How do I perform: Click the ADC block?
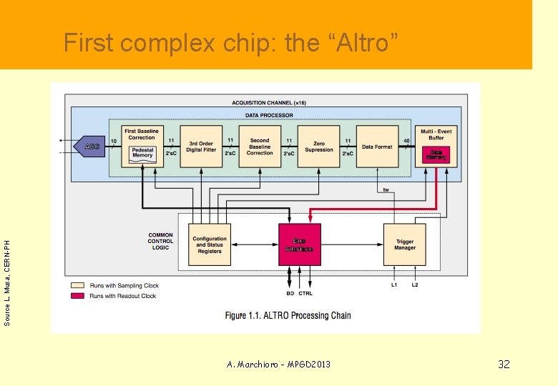pos(90,147)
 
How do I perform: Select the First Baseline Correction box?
pos(142,134)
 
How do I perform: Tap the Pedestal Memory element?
pos(142,154)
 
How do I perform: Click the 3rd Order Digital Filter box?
pos(201,147)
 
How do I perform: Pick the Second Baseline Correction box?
pos(260,147)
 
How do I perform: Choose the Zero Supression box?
pos(318,147)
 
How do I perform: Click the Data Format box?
pos(377,147)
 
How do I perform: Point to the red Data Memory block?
pos(436,154)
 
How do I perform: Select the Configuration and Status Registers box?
pos(210,244)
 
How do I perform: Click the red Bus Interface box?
pos(299,244)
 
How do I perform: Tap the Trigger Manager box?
pos(404,244)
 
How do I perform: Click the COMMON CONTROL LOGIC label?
pos(160,241)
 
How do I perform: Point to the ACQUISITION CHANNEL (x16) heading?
pos(268,103)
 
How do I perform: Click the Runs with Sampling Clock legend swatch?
pos(77,286)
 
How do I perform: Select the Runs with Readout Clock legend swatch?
pos(77,295)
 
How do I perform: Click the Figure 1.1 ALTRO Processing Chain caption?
pos(288,315)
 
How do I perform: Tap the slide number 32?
pos(504,365)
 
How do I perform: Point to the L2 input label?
pos(415,285)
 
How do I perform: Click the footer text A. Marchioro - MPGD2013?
pos(278,365)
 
